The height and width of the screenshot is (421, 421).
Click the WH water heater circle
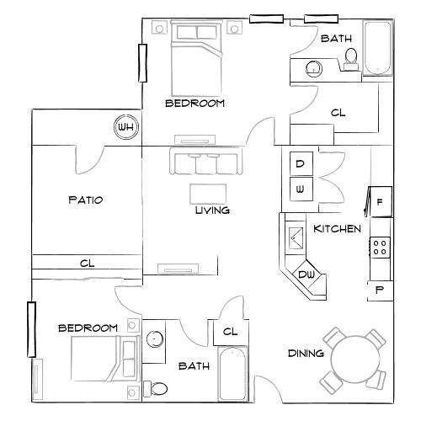tap(127, 127)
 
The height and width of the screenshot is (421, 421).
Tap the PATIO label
tap(85, 200)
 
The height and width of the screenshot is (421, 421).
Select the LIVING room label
tap(212, 210)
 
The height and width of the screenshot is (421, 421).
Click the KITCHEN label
tap(338, 229)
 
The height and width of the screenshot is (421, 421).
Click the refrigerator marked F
tap(380, 201)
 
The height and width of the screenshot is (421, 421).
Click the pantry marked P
tap(379, 290)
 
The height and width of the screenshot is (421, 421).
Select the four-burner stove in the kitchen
tap(380, 247)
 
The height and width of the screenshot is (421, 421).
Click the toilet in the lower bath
tap(155, 388)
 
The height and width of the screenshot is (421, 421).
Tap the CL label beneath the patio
tap(87, 264)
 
